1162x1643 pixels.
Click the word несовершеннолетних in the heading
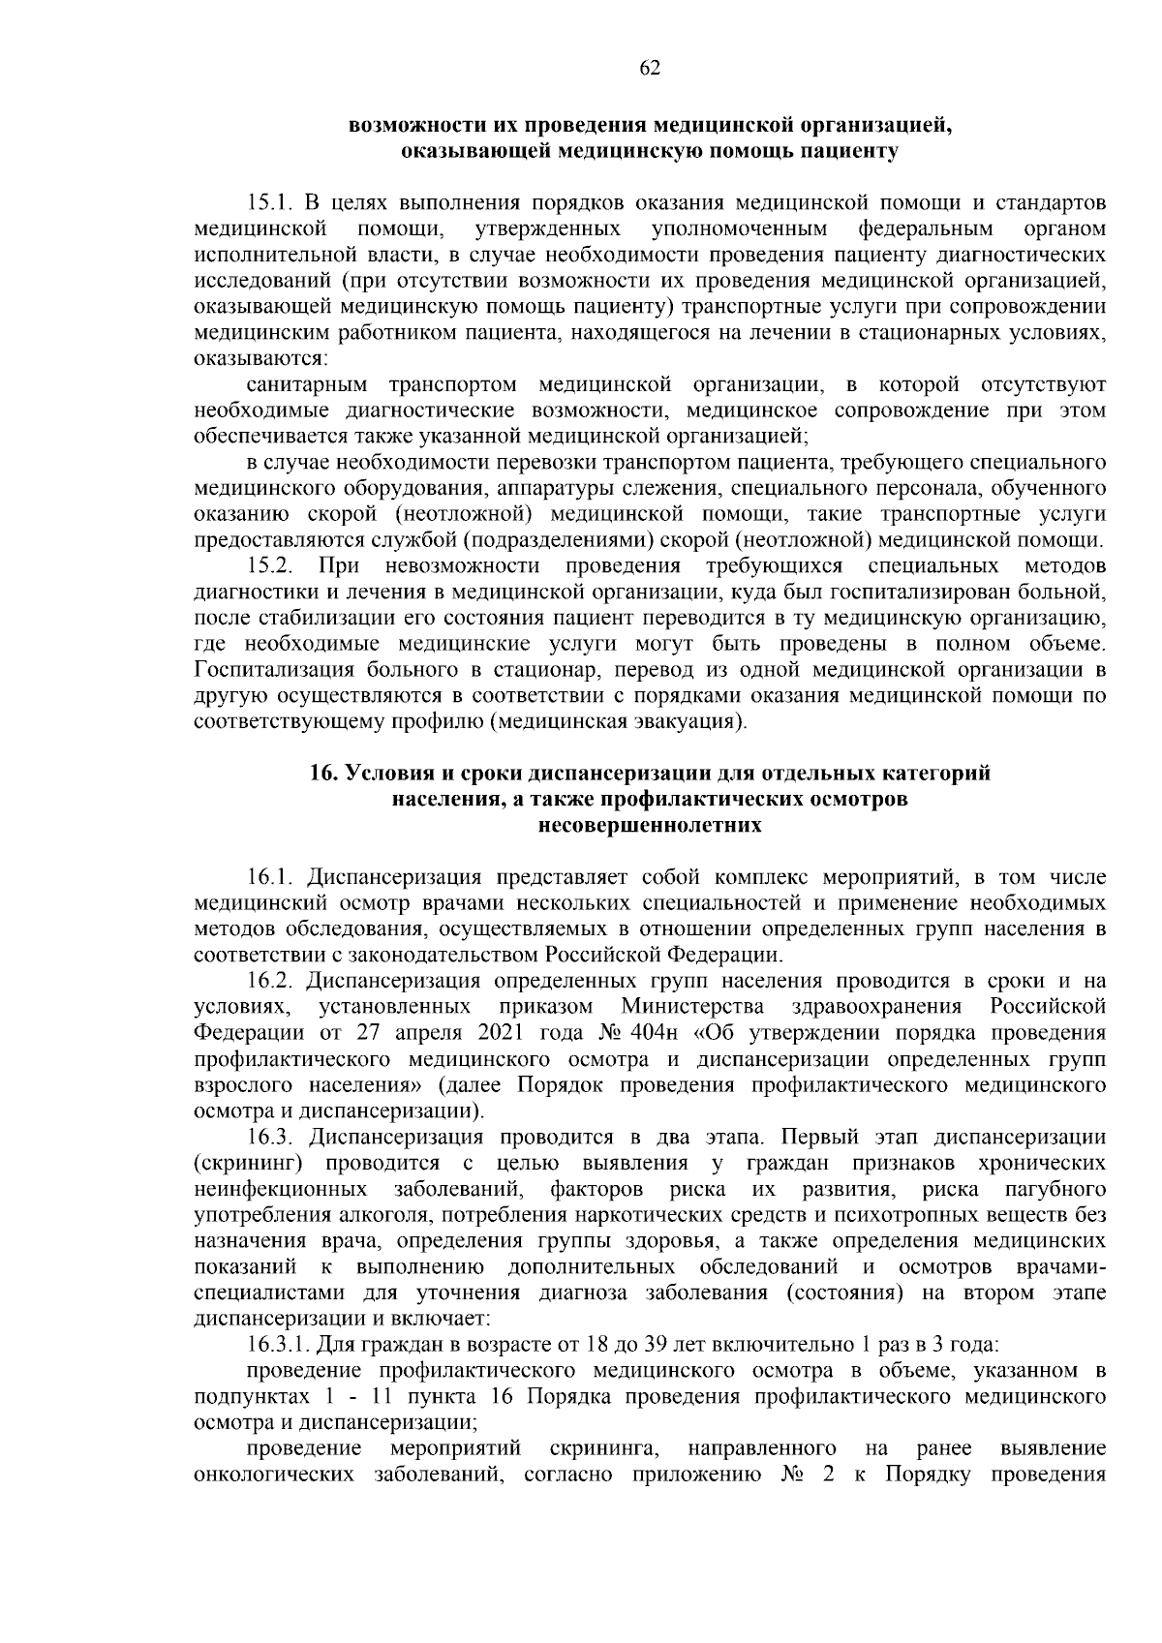click(650, 826)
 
